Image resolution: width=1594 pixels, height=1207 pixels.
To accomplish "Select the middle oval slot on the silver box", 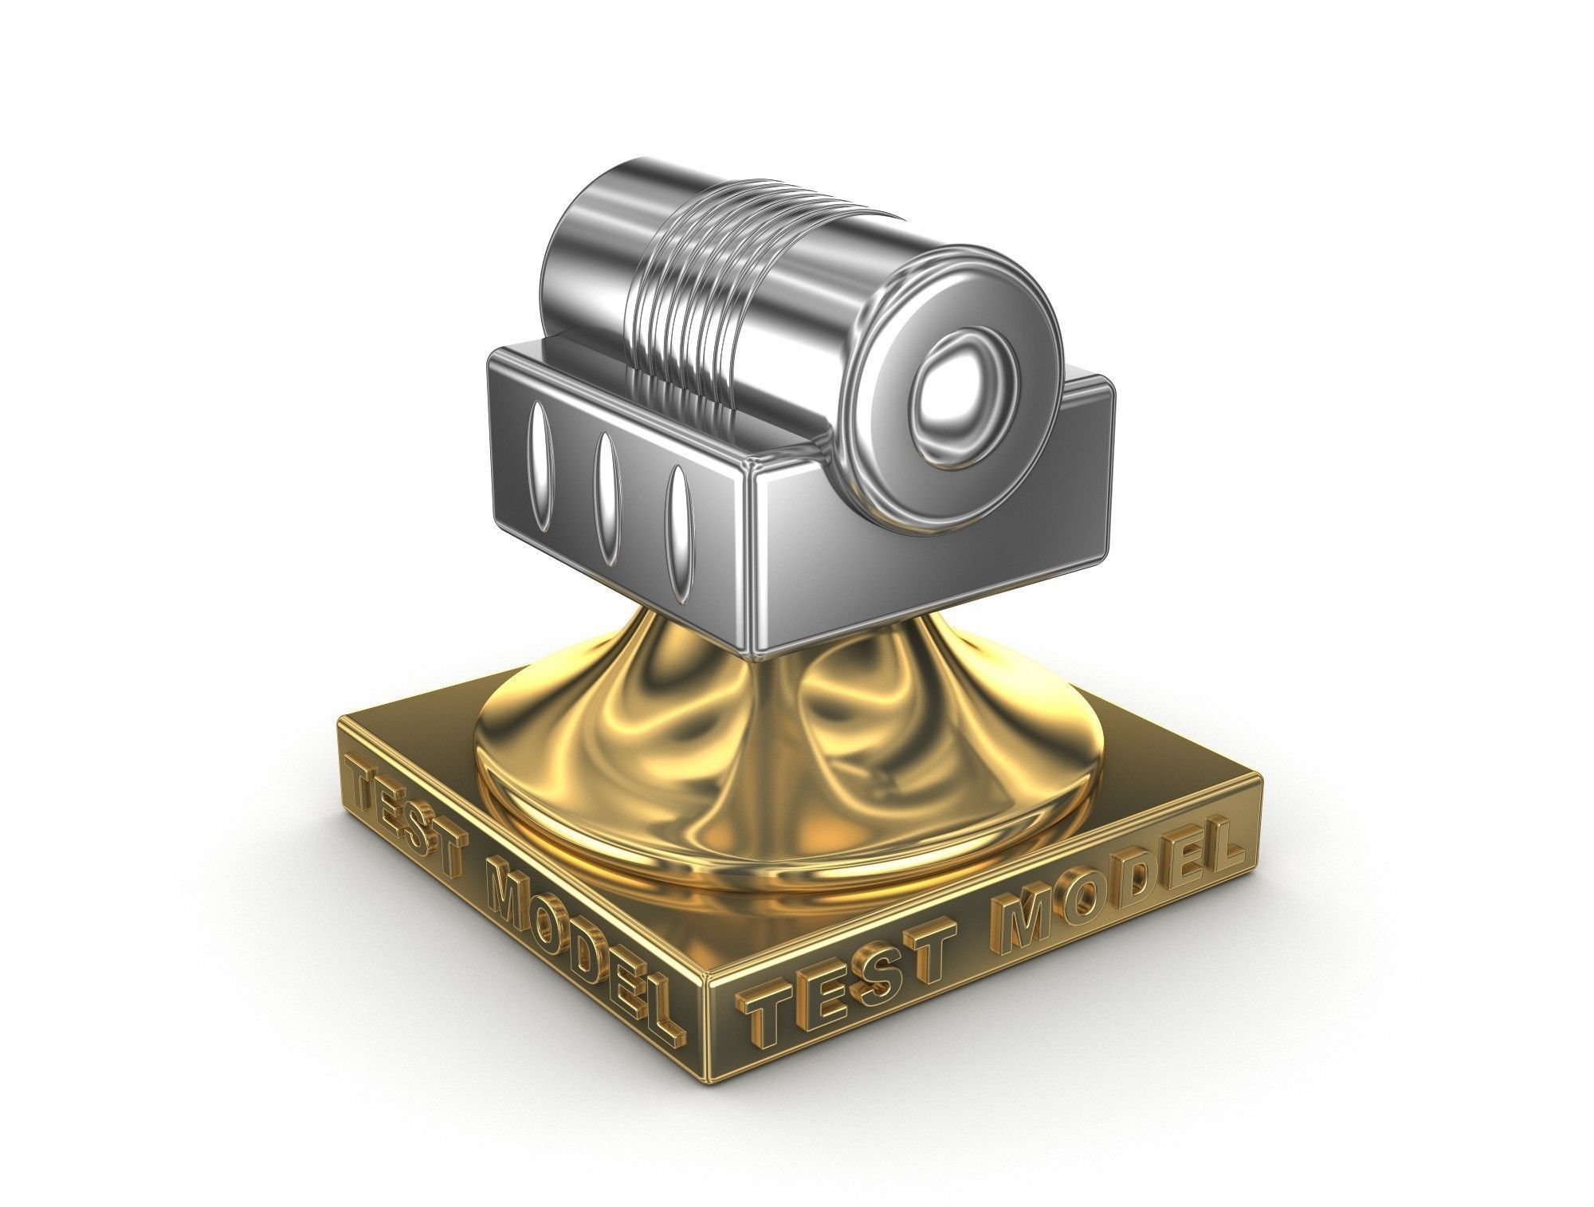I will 608,498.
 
